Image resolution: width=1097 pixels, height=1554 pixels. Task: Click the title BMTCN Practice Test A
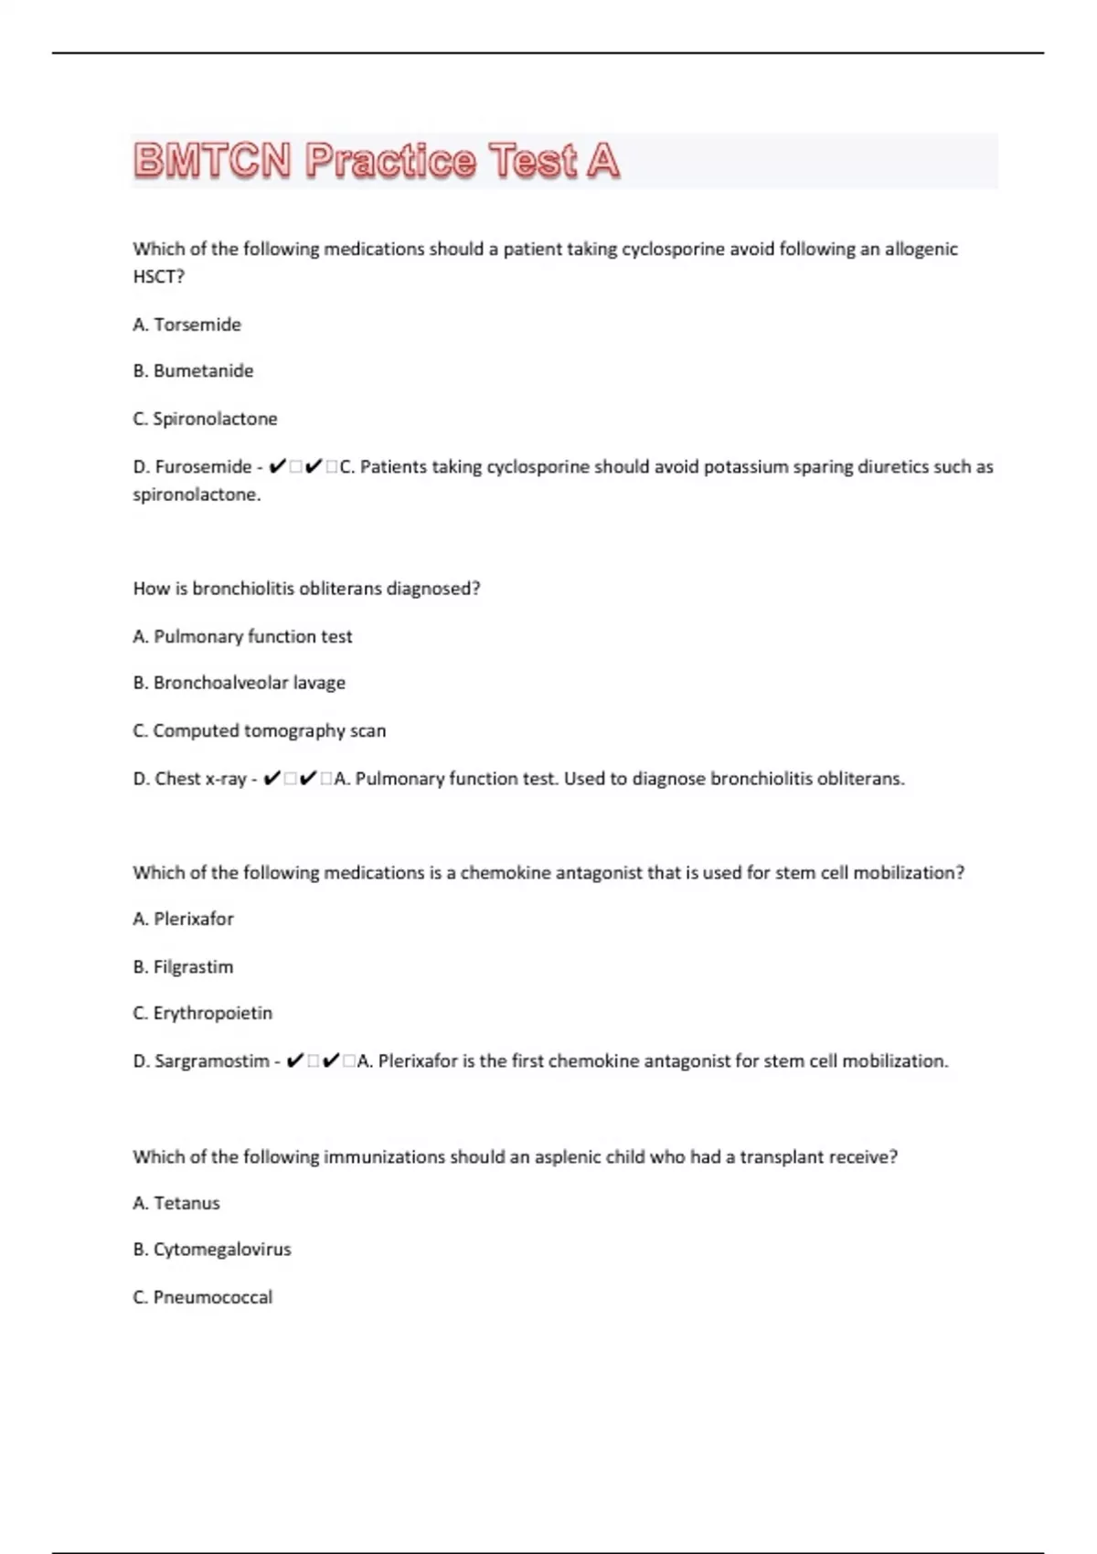(376, 161)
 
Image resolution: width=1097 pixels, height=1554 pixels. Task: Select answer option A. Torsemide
(187, 325)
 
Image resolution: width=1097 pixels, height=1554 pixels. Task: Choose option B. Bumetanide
(193, 371)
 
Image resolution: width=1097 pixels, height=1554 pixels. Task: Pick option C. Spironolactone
(205, 419)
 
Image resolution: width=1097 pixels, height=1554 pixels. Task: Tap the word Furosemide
(203, 467)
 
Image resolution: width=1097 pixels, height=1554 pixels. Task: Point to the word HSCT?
(158, 276)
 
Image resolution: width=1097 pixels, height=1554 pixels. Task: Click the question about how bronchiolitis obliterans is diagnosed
(306, 589)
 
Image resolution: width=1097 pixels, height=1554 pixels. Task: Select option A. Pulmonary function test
(242, 636)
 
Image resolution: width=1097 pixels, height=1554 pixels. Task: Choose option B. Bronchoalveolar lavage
(239, 683)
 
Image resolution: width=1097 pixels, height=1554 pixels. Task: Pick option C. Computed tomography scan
(260, 730)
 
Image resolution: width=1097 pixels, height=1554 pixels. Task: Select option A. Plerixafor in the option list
(183, 919)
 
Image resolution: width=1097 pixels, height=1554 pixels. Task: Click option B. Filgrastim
(183, 966)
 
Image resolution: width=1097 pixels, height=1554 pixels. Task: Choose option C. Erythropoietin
(202, 1013)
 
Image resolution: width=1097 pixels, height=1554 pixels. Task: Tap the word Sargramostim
(211, 1061)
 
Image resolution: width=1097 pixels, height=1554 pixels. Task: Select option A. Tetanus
(176, 1203)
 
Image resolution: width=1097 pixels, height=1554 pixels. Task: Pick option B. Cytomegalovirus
(211, 1250)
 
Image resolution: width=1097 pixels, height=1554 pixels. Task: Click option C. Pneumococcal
(202, 1297)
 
